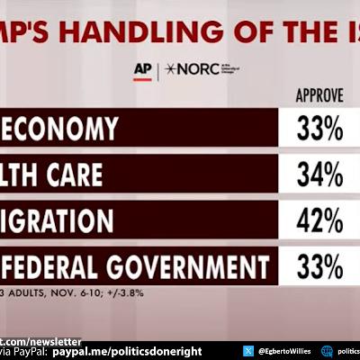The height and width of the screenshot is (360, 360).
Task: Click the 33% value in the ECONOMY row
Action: point(319,130)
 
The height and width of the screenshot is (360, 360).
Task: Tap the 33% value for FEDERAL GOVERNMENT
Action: point(319,267)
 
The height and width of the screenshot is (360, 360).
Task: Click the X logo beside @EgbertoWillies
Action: point(247,352)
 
